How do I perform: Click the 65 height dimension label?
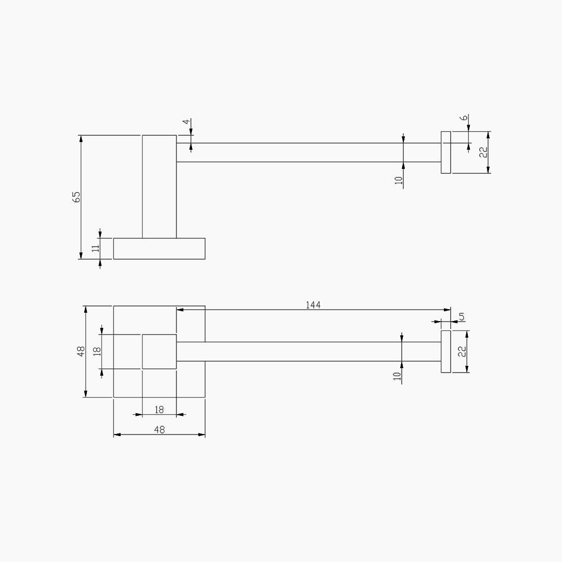click(76, 197)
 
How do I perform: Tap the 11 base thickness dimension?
click(95, 248)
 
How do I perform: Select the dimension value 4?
click(186, 122)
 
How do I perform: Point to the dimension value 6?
click(464, 118)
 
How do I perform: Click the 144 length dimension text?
click(313, 304)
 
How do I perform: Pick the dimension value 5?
click(462, 316)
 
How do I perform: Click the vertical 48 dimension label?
click(81, 351)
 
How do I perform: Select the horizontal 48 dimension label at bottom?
click(159, 429)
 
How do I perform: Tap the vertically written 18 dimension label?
click(97, 351)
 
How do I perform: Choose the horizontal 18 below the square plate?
click(159, 410)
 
